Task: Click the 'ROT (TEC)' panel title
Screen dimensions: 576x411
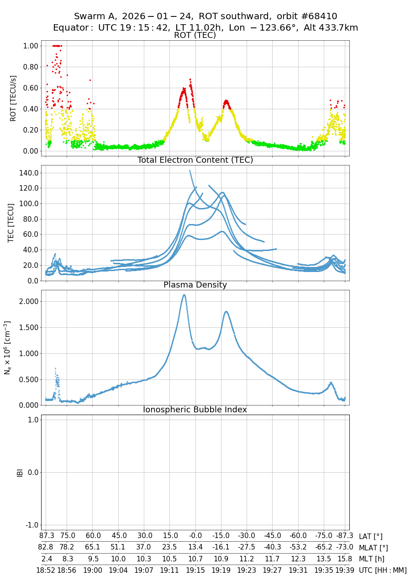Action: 195,35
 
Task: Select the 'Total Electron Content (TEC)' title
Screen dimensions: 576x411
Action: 195,160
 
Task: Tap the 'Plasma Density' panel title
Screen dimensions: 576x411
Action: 195,285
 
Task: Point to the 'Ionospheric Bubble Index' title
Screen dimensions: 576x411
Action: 195,410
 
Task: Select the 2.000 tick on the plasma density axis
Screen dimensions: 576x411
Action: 28,301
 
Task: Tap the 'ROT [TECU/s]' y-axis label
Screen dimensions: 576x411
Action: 13,98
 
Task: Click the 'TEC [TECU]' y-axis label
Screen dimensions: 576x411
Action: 11,223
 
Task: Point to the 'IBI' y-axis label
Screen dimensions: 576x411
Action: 20,472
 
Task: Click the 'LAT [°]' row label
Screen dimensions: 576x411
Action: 370,537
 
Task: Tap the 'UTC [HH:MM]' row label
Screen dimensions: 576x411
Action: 383,570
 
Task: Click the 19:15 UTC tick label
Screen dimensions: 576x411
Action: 195,570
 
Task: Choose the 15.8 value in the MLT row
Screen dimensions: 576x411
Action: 344,559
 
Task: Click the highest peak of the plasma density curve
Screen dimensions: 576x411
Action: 184,295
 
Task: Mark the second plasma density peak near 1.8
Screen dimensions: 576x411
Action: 226,312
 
